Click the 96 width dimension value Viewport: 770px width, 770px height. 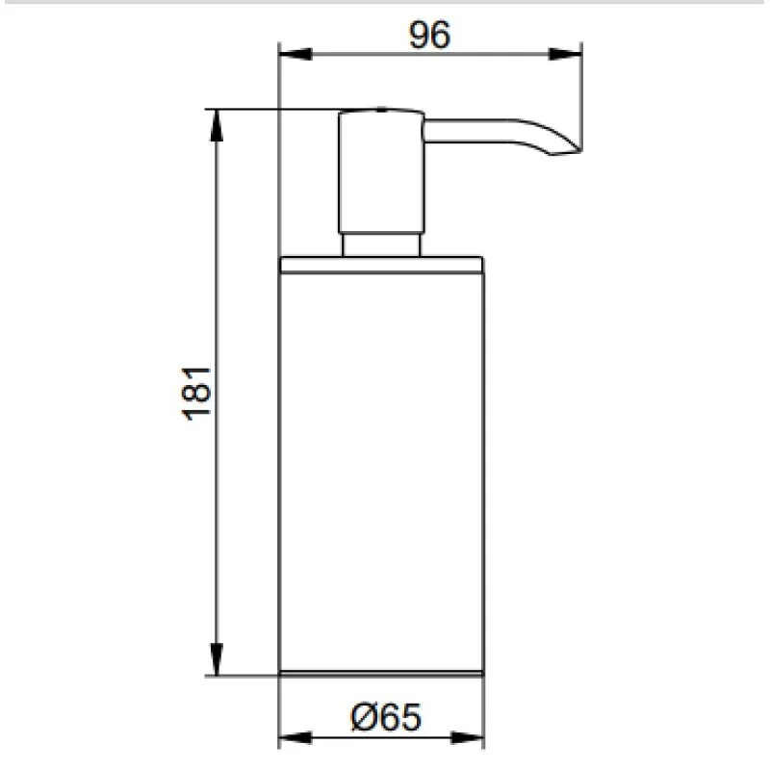(x=429, y=35)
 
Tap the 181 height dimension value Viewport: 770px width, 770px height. (x=196, y=394)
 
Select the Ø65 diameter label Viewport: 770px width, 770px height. (x=386, y=717)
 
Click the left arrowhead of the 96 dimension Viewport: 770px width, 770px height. (x=295, y=54)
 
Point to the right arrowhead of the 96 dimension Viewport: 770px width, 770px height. (x=565, y=54)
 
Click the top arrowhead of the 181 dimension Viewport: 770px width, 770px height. (x=217, y=125)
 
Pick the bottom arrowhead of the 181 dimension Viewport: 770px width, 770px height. (x=217, y=659)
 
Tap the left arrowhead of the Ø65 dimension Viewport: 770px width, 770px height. (x=295, y=737)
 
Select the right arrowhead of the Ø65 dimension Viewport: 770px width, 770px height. (x=467, y=737)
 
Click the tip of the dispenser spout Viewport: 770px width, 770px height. (x=580, y=150)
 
